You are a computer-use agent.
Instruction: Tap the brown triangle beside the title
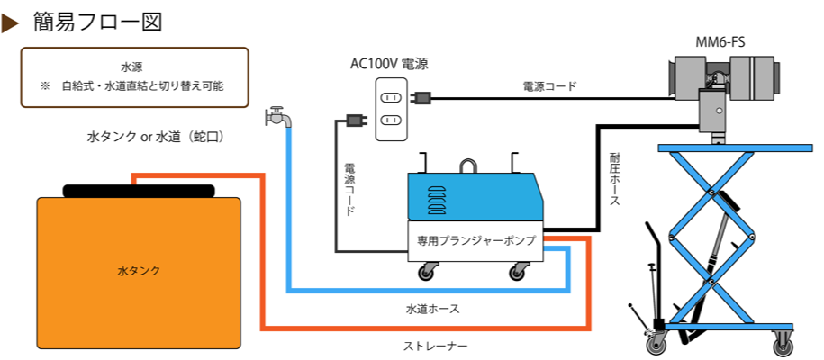click(x=11, y=22)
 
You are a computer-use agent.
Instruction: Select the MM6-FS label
click(x=720, y=41)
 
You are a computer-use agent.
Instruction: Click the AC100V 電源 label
click(x=389, y=64)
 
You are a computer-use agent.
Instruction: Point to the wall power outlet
click(x=392, y=107)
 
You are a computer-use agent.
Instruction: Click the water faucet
click(x=277, y=117)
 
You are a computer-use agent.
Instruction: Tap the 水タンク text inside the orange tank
click(x=138, y=270)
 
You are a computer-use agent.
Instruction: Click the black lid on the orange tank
click(x=139, y=191)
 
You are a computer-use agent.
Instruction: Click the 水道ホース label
click(x=432, y=309)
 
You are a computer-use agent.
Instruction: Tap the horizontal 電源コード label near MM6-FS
click(x=549, y=86)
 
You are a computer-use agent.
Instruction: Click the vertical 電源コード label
click(x=349, y=190)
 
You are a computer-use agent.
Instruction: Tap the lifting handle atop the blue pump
click(x=468, y=166)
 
